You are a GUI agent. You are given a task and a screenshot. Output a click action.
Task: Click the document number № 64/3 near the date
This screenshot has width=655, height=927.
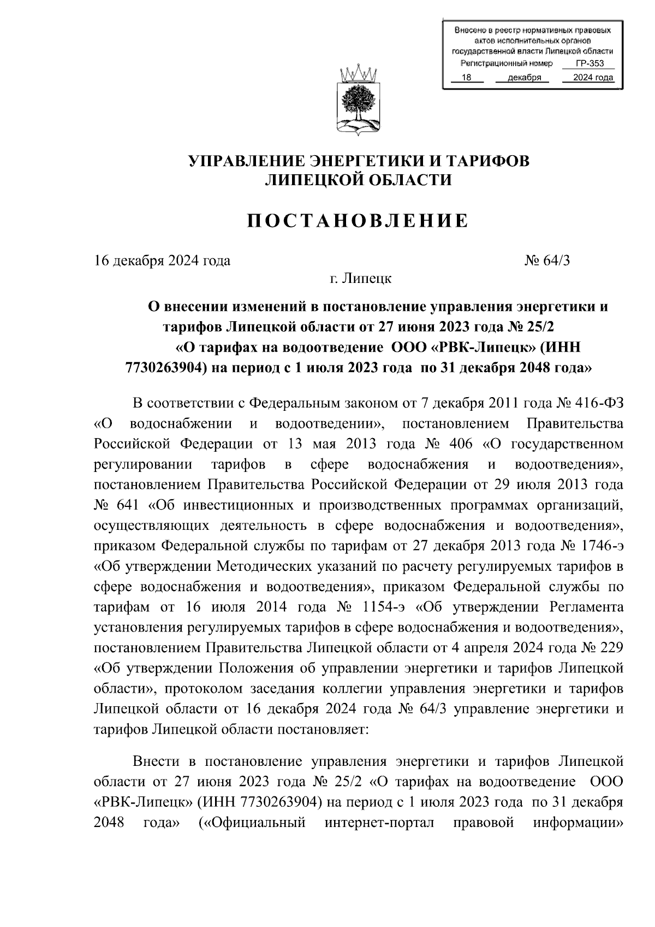click(547, 261)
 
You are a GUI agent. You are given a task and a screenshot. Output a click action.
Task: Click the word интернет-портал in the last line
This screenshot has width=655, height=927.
click(379, 823)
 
